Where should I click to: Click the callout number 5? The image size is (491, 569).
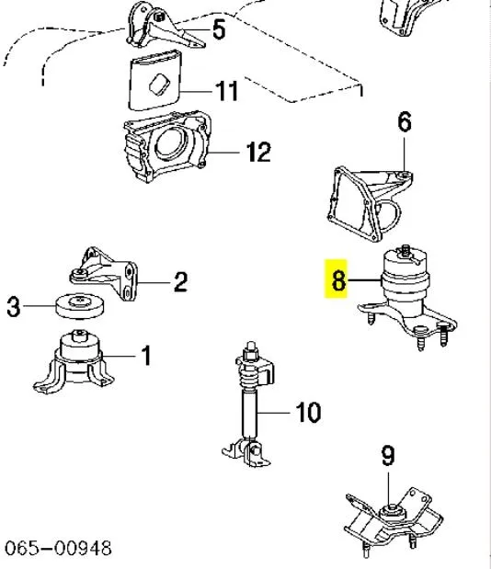[x=219, y=30]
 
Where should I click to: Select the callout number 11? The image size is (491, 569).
[x=226, y=91]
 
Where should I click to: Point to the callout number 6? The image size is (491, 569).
[x=404, y=122]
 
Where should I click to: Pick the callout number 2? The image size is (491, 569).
[x=180, y=281]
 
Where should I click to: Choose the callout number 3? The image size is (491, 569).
[x=13, y=308]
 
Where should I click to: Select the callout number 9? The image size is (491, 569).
[x=387, y=454]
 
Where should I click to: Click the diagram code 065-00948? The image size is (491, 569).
[x=59, y=549]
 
